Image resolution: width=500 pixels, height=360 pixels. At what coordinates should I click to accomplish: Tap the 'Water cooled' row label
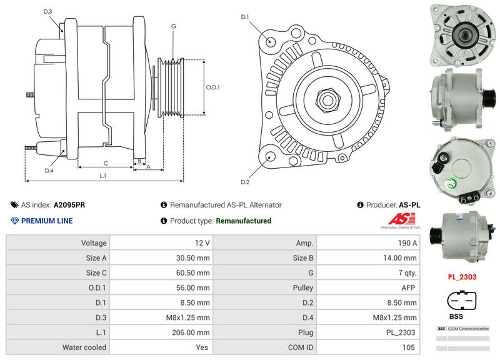click(84, 347)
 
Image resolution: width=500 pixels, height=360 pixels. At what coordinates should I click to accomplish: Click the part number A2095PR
click(70, 204)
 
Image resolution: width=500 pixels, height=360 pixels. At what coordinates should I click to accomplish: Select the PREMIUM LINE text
click(47, 221)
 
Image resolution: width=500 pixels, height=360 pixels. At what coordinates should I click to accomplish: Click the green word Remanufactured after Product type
click(243, 221)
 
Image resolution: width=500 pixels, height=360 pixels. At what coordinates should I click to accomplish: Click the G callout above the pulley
click(172, 26)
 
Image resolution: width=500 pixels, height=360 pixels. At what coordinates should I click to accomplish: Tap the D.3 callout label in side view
click(48, 12)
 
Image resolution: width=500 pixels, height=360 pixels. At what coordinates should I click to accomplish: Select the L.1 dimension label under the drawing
click(102, 176)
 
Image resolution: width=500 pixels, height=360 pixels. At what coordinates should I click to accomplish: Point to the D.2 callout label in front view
click(245, 182)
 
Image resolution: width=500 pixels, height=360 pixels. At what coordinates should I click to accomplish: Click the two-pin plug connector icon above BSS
click(461, 301)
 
